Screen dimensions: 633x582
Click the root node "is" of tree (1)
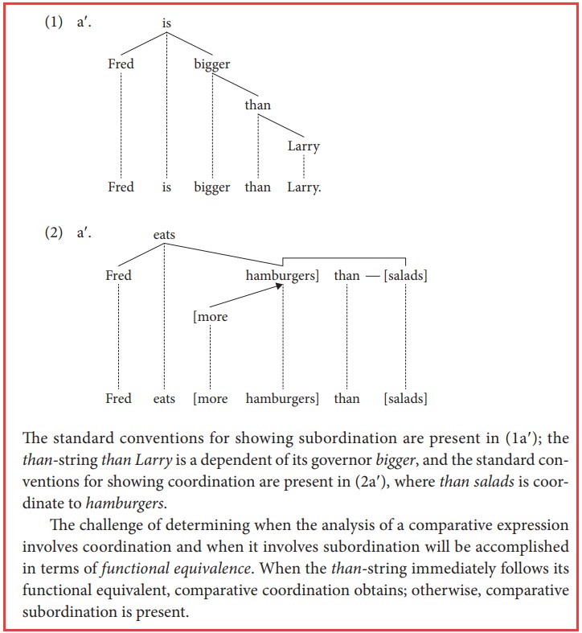coord(166,24)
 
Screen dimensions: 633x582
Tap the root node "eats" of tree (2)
coord(164,235)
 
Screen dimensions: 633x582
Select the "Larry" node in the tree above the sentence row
coord(303,146)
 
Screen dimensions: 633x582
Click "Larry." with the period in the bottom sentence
coord(305,187)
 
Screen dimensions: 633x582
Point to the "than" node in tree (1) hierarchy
coord(258,105)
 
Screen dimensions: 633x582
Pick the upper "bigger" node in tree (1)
coord(212,64)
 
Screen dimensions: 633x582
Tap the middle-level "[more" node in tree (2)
coord(210,317)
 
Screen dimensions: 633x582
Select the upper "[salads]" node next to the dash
coord(405,276)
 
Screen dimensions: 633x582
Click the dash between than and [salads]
coord(371,276)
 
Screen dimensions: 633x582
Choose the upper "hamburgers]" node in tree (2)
coord(282,276)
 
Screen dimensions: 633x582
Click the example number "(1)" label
coord(52,23)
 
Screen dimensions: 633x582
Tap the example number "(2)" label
coord(52,234)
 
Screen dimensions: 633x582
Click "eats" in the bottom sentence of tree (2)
coord(164,398)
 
